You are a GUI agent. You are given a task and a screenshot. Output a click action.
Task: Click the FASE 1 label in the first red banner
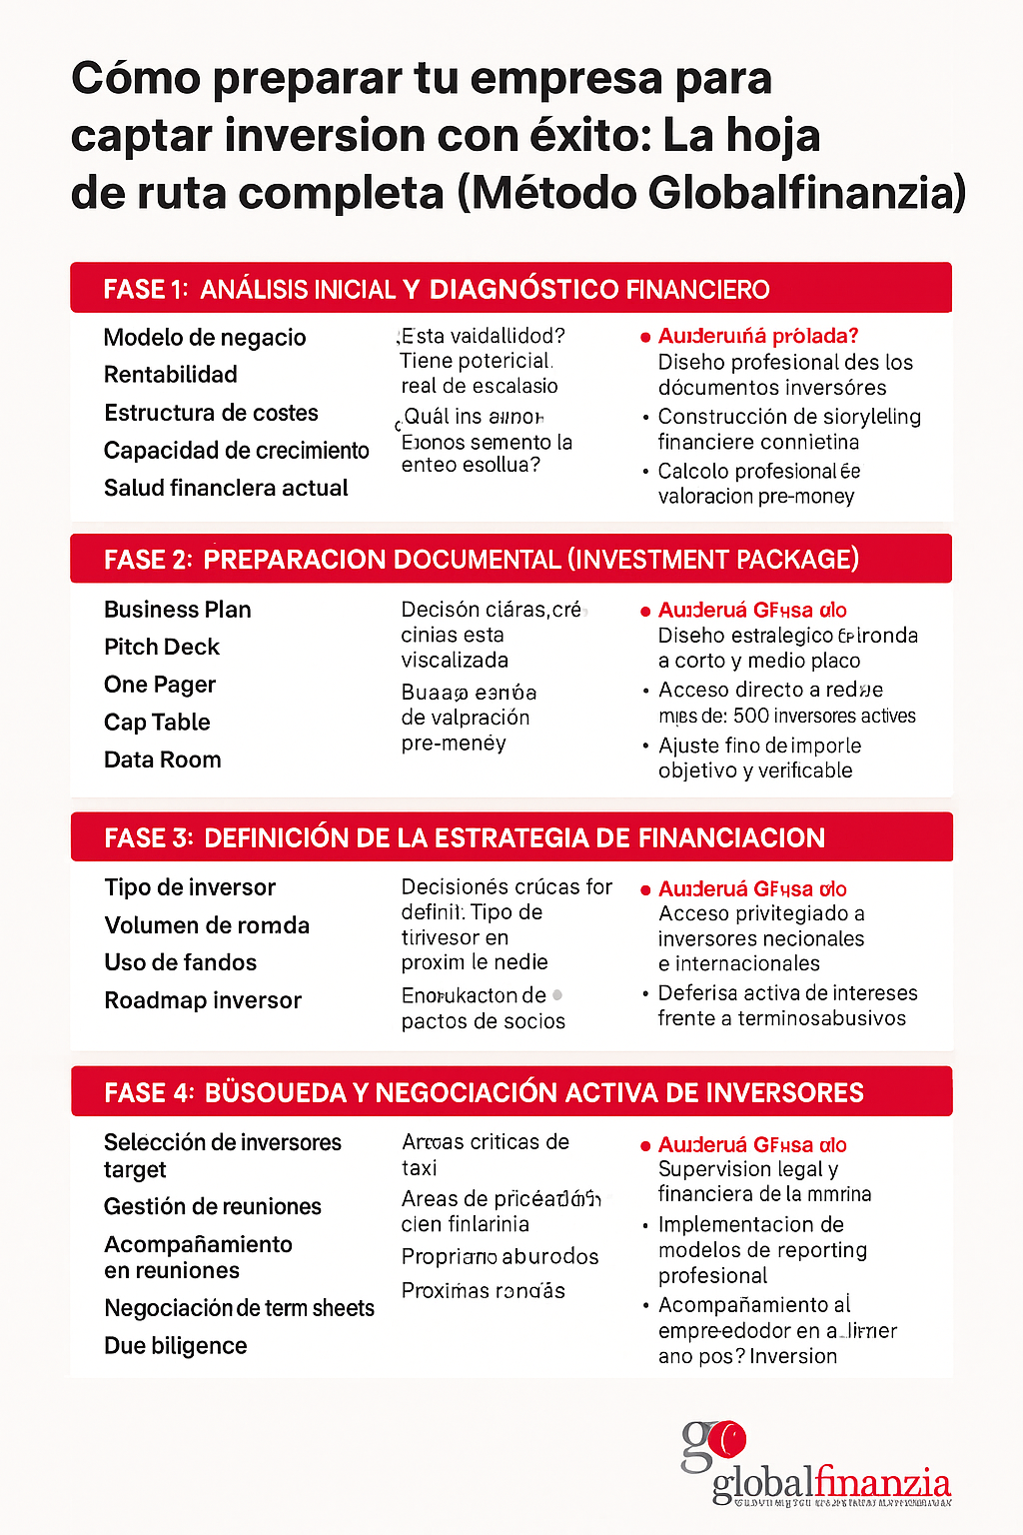coord(146,290)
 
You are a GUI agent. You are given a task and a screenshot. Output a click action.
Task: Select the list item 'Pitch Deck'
coord(162,648)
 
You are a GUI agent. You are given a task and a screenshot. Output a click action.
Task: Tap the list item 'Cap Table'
coord(157,723)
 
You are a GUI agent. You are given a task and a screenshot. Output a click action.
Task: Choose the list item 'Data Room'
coord(163,761)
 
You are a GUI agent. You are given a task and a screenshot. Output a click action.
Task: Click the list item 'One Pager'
coord(160,686)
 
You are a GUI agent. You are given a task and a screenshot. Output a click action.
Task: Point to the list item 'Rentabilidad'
coord(171,375)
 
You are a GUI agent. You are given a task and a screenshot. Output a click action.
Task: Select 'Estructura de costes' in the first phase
coord(211,413)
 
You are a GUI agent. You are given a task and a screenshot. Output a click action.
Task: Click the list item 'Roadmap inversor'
coord(203,1000)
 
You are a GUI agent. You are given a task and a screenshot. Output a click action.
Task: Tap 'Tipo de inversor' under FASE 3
coord(190,887)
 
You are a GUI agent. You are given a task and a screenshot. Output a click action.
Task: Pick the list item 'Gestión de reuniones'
coord(213,1207)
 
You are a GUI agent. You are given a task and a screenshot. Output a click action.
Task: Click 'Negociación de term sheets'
coord(239,1308)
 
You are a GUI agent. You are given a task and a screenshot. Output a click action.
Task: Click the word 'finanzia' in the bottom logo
coord(883,1481)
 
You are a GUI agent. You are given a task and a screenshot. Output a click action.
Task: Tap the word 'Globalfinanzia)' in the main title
coord(807,193)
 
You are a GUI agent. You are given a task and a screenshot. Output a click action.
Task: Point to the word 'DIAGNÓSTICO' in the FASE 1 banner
coord(524,290)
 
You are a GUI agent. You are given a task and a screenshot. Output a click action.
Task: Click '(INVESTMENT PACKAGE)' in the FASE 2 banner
coord(713,560)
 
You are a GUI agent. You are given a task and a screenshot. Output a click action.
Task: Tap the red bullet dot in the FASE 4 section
coord(646,1146)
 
